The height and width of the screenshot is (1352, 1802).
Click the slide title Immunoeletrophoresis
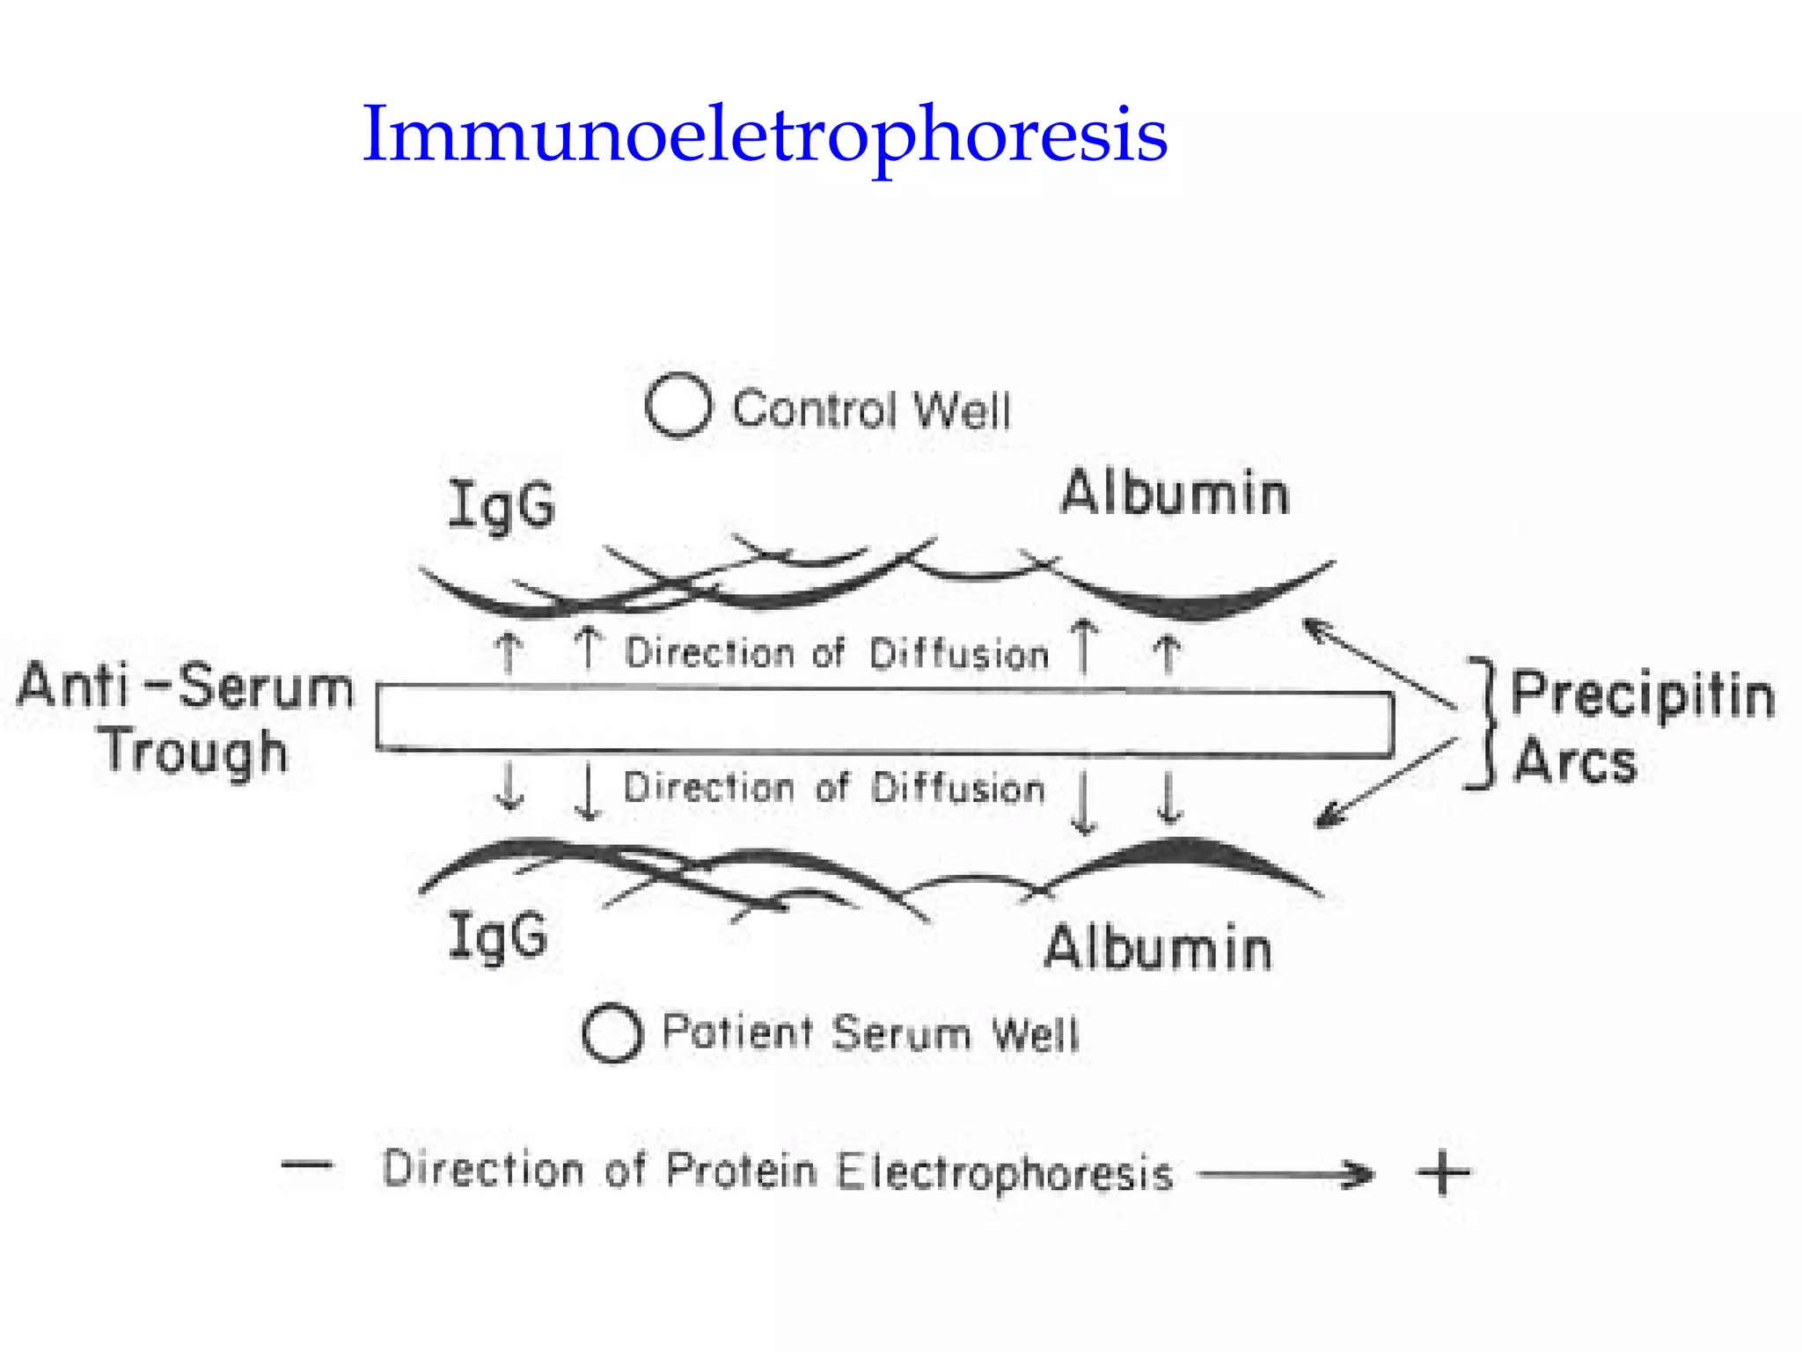(764, 135)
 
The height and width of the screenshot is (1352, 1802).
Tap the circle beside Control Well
(678, 406)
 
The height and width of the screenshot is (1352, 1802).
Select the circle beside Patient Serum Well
(612, 1032)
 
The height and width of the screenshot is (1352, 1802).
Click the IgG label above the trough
(502, 505)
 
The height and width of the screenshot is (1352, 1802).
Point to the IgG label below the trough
(498, 936)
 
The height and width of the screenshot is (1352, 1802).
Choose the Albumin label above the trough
(1175, 493)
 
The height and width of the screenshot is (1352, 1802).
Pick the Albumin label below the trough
(1158, 949)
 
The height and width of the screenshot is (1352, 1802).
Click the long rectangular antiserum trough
(884, 720)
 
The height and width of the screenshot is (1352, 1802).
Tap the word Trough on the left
(194, 753)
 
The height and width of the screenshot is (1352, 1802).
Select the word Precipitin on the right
(1642, 695)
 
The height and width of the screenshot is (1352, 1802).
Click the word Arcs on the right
(1575, 761)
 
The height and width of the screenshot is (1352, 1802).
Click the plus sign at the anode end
(1443, 1173)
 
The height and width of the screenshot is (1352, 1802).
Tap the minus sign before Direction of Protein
(307, 1165)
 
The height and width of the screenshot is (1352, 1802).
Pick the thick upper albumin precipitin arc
(1197, 604)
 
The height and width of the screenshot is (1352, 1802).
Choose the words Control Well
(871, 410)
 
